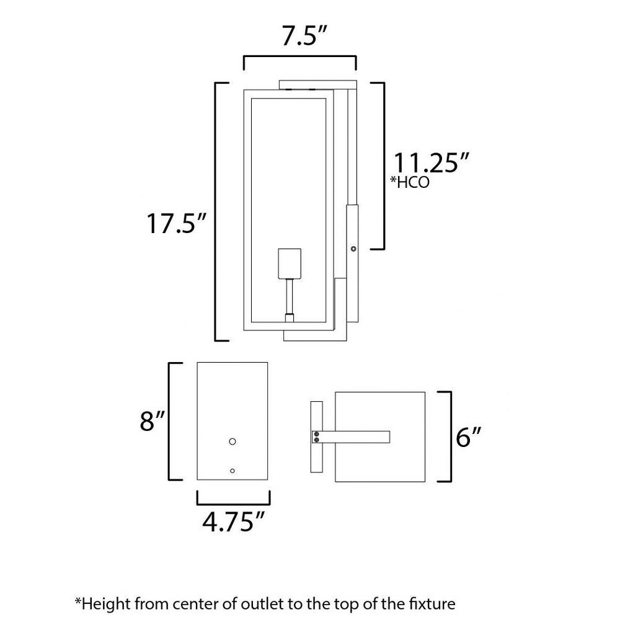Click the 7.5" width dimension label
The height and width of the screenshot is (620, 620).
point(304,36)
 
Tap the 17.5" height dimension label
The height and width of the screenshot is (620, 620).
point(176,223)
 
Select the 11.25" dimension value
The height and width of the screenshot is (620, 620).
point(431,162)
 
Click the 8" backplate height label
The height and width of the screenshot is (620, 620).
point(152,421)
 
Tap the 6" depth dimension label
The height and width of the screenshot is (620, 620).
point(469,436)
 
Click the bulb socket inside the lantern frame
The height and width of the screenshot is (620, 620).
point(290,263)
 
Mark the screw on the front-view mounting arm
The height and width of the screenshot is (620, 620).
point(353,249)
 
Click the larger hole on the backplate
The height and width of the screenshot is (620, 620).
point(232,441)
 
